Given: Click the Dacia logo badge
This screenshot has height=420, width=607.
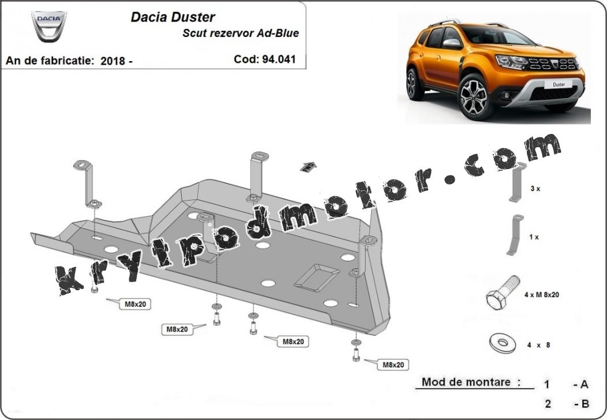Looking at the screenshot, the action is click(x=49, y=27).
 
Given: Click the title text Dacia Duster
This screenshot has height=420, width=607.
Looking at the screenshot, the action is click(x=173, y=17).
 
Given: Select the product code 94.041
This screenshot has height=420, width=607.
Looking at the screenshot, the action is click(x=279, y=59).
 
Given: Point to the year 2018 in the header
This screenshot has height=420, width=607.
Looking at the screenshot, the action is click(x=113, y=61).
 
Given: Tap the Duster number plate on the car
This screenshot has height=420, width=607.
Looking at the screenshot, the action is click(x=559, y=84).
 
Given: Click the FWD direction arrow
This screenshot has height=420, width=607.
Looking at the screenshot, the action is click(x=308, y=167).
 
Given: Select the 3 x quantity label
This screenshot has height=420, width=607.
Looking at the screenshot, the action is click(x=535, y=189).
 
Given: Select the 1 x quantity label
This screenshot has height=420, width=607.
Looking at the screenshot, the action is click(x=534, y=237).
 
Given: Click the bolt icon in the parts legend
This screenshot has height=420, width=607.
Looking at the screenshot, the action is click(x=502, y=292).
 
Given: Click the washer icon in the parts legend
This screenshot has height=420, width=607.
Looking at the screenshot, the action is click(x=503, y=343).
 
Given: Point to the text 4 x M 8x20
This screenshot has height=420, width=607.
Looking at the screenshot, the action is click(x=542, y=295).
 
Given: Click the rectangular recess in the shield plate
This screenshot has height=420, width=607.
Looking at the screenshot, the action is click(x=317, y=277).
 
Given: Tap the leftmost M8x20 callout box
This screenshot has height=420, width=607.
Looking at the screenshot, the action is click(x=135, y=304).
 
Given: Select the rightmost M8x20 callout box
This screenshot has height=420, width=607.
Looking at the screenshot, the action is click(x=393, y=365).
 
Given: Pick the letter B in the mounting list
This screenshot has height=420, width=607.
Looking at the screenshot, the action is click(x=585, y=404).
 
